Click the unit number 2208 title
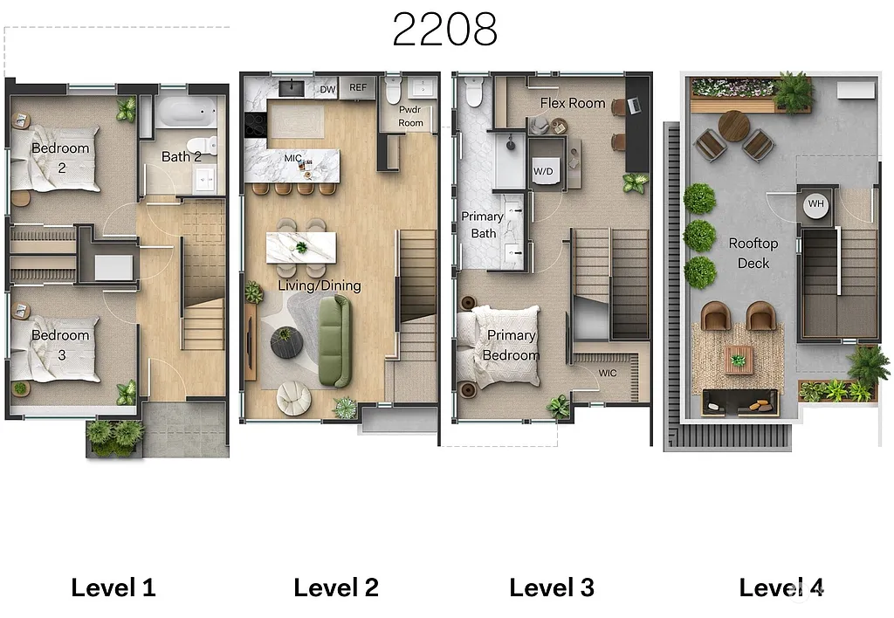tap(444, 29)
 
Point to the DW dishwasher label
tap(327, 89)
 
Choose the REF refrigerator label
tap(358, 88)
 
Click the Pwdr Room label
tap(410, 117)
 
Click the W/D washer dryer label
tap(543, 171)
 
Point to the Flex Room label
tap(573, 103)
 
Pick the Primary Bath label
tap(483, 224)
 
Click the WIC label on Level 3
tap(608, 374)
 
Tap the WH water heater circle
tap(815, 203)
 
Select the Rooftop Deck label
tap(753, 253)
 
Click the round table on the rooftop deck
tap(735, 127)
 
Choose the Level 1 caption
tap(113, 587)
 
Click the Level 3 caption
tap(552, 587)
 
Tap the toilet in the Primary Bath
tap(474, 91)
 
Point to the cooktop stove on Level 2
tap(255, 126)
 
